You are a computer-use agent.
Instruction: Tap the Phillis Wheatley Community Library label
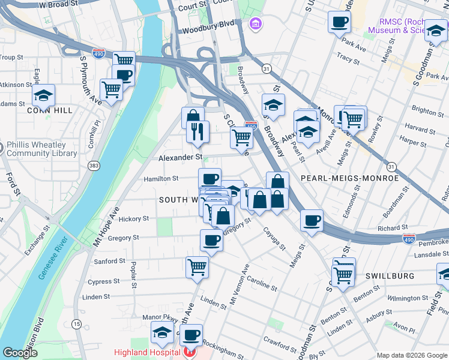[41, 149]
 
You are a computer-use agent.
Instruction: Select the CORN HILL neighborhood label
[49, 110]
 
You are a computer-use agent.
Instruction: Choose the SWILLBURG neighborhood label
[390, 276]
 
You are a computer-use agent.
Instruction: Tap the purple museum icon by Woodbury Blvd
[255, 24]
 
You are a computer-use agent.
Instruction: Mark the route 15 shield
[76, 324]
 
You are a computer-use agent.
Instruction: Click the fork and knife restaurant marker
[198, 130]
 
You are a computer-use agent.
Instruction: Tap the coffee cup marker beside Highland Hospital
[191, 334]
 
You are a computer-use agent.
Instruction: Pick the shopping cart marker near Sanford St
[196, 266]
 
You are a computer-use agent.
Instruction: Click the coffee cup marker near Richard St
[312, 220]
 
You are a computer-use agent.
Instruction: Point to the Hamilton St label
[161, 179]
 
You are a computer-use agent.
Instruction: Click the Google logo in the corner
[20, 353]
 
